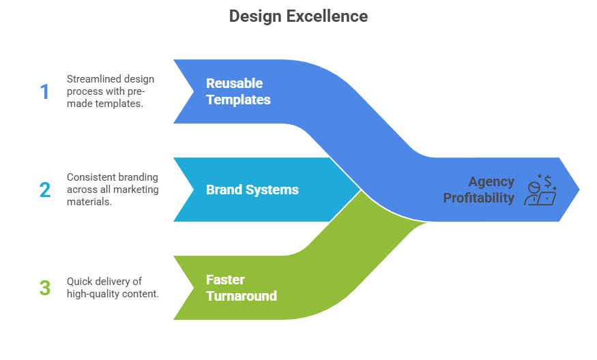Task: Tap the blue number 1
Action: point(45,91)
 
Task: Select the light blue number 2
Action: point(45,190)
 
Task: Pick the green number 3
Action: point(45,288)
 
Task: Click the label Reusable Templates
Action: point(238,91)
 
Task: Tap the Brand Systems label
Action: point(252,190)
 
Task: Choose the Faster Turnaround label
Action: point(242,288)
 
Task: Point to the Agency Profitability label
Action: point(479,190)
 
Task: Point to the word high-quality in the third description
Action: point(91,294)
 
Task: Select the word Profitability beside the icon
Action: point(479,198)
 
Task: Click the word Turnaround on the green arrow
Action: point(242,296)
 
